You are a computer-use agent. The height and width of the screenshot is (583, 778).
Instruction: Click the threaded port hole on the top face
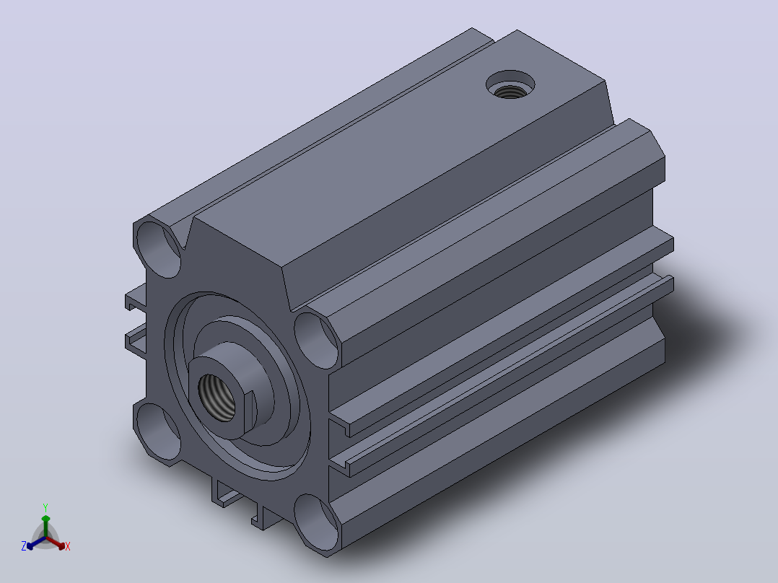point(510,85)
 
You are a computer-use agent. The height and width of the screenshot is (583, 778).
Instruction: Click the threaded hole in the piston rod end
point(217,398)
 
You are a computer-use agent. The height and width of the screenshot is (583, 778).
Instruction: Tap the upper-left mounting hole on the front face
point(159,249)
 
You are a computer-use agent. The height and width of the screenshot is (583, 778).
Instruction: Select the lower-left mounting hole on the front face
point(159,431)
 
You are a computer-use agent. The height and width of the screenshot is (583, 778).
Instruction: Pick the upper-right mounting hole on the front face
point(317,340)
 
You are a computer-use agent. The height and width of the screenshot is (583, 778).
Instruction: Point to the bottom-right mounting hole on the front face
point(317,522)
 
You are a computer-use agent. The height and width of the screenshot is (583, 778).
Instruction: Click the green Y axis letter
point(45,508)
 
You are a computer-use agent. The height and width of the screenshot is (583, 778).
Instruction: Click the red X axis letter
point(68,546)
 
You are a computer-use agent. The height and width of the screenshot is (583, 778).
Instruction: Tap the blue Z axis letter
point(24,546)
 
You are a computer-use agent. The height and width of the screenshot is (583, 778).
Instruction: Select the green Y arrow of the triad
point(45,526)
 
